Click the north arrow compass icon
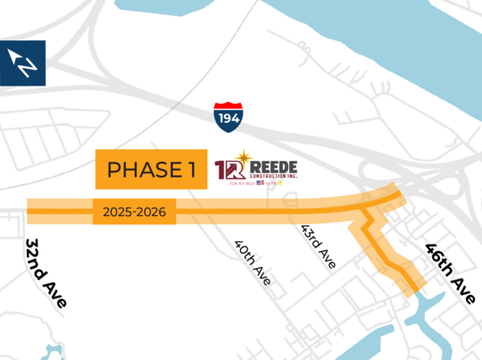point(23,63)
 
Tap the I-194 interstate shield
point(227,115)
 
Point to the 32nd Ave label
point(46,273)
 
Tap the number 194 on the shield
point(227,117)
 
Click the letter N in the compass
point(28,66)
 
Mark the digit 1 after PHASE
point(191,169)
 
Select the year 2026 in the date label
point(152,213)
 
